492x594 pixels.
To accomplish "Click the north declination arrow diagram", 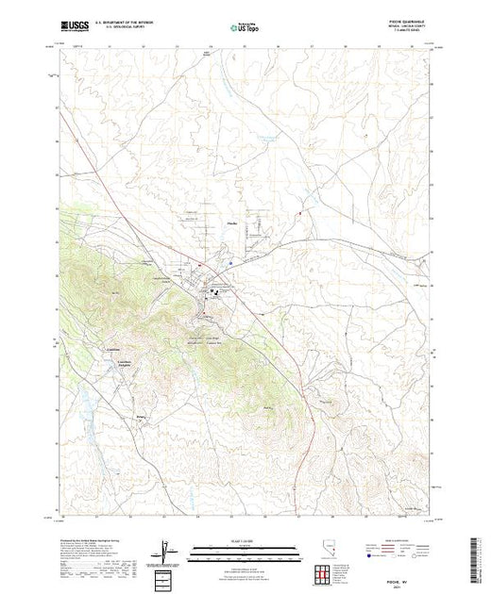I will pyautogui.click(x=166, y=548).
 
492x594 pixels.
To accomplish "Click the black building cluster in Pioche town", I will pyautogui.click(x=213, y=293).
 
